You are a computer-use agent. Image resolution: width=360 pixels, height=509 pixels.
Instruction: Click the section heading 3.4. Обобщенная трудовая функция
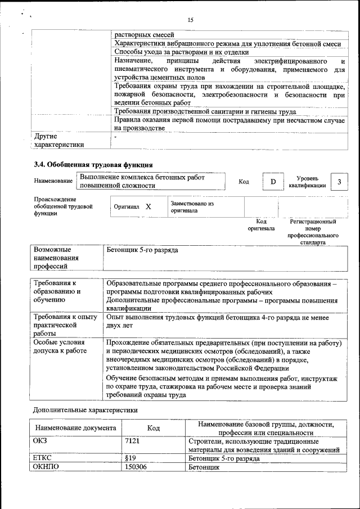tap(93, 165)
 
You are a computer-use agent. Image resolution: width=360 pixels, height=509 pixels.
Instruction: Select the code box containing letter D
tap(273, 182)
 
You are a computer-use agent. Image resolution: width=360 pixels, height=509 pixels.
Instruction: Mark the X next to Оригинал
tap(148, 207)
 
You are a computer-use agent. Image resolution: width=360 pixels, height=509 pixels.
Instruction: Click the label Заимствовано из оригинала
tap(192, 207)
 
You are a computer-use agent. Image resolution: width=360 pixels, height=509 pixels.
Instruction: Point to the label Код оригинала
tap(261, 225)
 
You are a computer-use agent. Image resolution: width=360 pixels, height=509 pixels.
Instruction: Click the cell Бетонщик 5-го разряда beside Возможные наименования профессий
tap(142, 250)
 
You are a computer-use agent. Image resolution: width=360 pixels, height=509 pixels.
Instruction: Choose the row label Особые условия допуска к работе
tap(60, 346)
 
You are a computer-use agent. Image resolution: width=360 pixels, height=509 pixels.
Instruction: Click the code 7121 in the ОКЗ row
tap(133, 442)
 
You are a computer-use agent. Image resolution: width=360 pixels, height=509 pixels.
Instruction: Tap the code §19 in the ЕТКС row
tap(131, 458)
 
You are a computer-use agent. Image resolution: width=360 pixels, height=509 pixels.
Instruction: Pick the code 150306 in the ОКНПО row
tap(136, 467)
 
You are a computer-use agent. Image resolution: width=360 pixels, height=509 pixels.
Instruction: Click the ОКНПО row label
tap(46, 467)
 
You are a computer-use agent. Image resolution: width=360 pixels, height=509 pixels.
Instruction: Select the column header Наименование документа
tap(75, 429)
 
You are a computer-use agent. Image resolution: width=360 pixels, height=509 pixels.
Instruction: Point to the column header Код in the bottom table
tap(154, 429)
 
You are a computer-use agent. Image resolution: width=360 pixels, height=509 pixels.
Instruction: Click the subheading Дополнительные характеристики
tap(85, 410)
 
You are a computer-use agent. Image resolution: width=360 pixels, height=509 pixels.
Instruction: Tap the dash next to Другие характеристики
tap(115, 136)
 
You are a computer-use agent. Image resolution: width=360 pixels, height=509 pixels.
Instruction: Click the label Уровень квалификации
tap(307, 182)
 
